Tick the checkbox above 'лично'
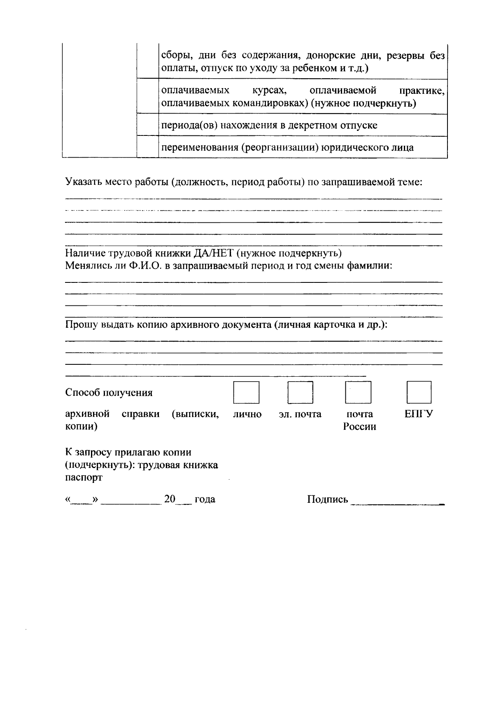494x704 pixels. (x=246, y=392)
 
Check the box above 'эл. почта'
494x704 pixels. (x=300, y=392)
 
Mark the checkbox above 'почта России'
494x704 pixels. (x=358, y=392)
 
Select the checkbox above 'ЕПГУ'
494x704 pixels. (x=419, y=392)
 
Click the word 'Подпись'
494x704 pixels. (x=327, y=500)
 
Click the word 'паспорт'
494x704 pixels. (x=84, y=478)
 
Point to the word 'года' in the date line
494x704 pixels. (x=205, y=499)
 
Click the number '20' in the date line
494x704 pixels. (x=170, y=499)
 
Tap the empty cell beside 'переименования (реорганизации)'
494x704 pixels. (x=147, y=147)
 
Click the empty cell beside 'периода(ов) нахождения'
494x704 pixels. (x=147, y=125)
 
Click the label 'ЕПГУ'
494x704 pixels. (x=418, y=414)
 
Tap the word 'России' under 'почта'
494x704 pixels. (x=360, y=427)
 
